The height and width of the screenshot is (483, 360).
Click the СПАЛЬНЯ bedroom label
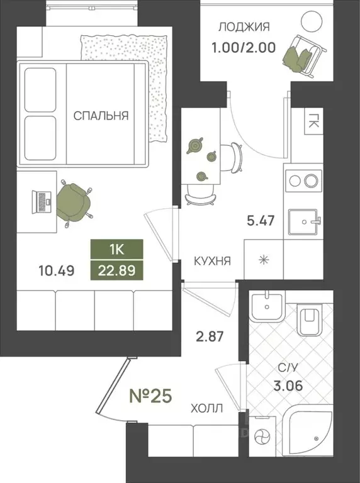(x=101, y=116)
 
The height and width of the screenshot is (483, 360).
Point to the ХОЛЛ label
(x=206, y=408)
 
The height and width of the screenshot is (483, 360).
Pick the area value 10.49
(x=57, y=271)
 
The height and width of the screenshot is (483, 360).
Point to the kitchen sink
(x=306, y=222)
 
